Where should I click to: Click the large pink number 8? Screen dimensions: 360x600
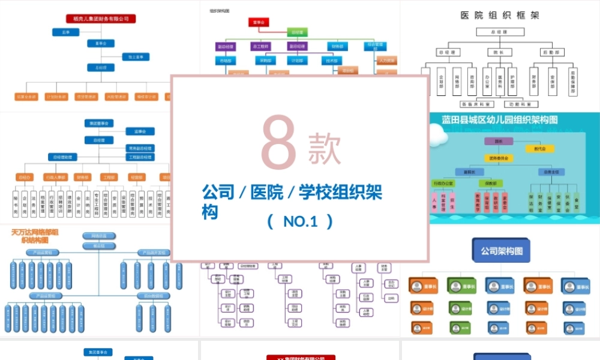point(278,142)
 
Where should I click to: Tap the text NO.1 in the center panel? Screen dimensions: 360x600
point(300,221)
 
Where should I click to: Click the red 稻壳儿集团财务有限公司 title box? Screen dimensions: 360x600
point(101,19)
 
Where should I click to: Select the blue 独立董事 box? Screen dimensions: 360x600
point(136,56)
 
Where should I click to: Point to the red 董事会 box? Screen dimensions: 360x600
point(259,23)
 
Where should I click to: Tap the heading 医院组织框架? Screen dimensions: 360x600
point(500,15)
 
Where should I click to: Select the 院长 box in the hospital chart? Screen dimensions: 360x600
point(499,52)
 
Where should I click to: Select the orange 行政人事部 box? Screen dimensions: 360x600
point(58,178)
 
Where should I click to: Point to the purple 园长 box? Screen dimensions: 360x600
point(499,142)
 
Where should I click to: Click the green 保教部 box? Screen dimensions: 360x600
point(491,183)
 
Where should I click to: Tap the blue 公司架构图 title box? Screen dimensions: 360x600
point(502,250)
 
